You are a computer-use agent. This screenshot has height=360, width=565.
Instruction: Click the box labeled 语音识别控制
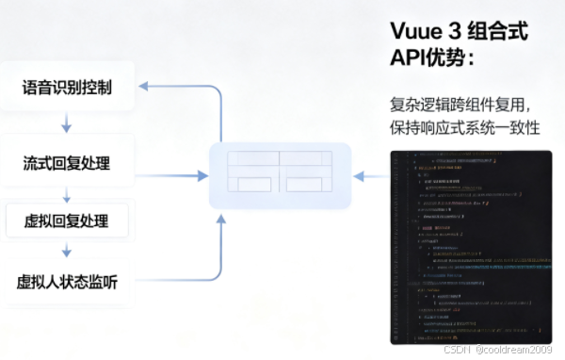point(67,88)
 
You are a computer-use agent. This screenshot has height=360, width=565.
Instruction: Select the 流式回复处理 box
point(67,163)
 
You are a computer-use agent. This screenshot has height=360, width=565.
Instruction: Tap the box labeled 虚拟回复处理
point(67,221)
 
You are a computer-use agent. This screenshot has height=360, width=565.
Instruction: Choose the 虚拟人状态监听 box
point(67,282)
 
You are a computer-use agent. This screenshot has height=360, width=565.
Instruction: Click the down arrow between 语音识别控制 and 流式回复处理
point(67,125)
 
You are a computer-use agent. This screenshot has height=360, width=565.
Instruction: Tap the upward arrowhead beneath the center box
point(222,220)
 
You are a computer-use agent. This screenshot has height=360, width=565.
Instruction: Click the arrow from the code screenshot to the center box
point(371,175)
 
